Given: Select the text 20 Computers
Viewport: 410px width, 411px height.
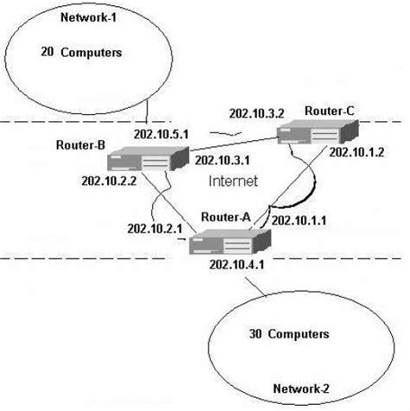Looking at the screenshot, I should coord(81,53).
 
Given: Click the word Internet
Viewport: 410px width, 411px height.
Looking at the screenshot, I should coord(234,183).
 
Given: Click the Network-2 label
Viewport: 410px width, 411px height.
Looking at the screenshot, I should coord(304,389).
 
